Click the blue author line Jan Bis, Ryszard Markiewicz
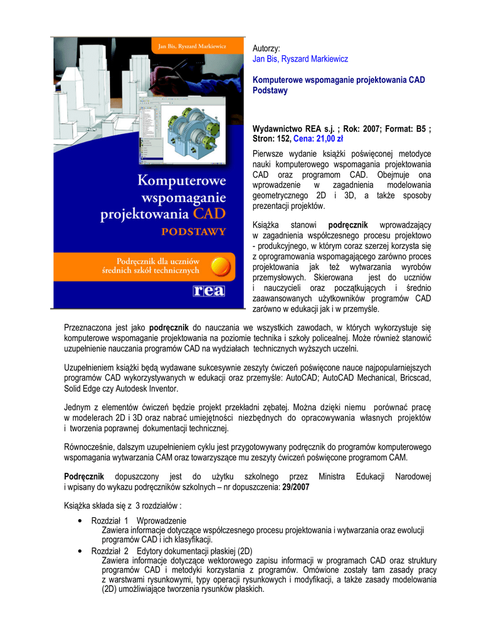[300, 59]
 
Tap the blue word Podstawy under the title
[270, 91]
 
